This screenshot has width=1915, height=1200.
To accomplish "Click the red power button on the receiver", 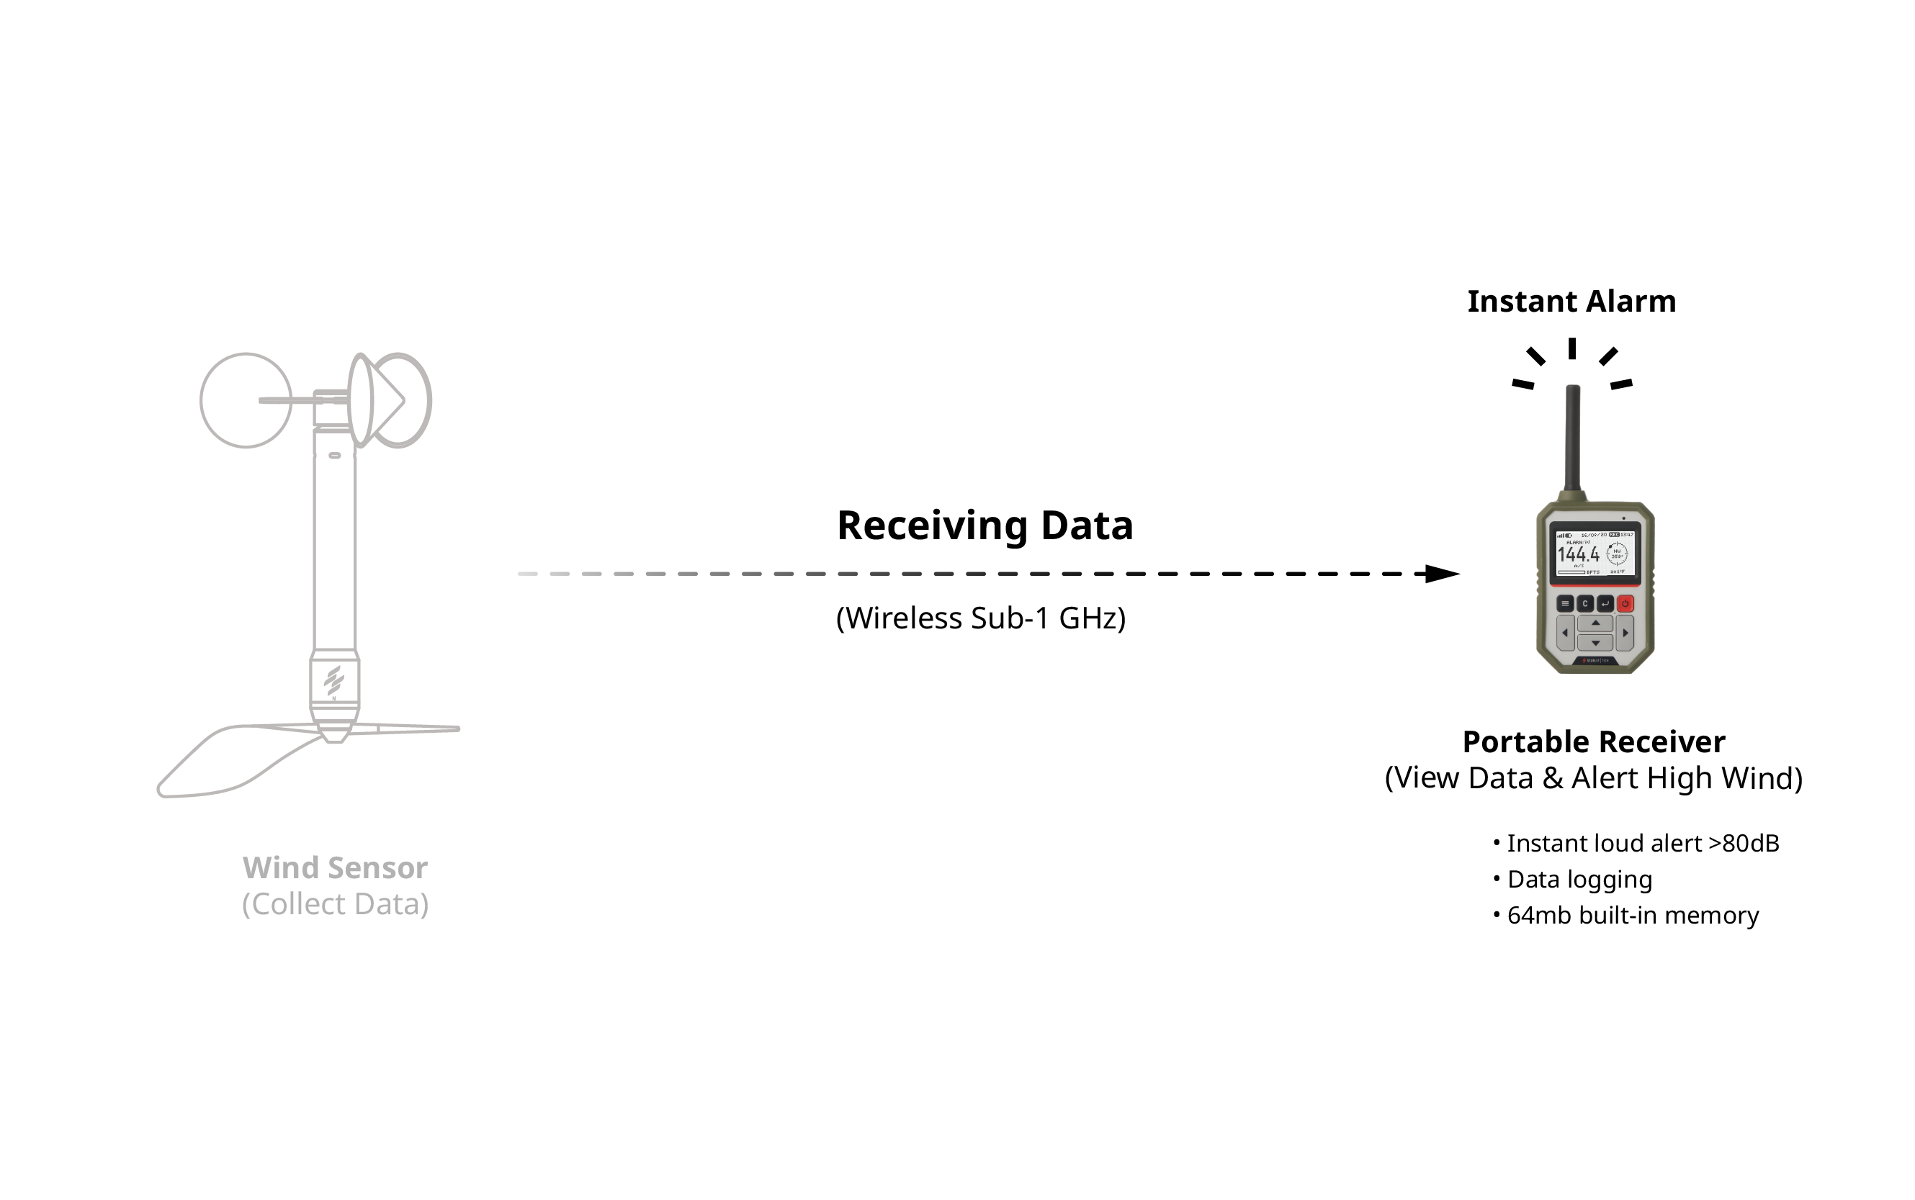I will coord(1625,603).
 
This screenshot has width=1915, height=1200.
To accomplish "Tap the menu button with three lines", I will coord(1564,603).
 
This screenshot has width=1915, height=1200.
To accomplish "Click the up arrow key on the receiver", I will coord(1595,623).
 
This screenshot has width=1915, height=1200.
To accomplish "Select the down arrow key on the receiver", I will coord(1595,643).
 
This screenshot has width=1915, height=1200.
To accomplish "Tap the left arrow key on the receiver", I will coord(1564,633).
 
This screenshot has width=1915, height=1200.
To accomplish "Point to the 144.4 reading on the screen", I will coord(1577,554).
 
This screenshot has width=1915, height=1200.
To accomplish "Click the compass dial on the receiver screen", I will coord(1616,553).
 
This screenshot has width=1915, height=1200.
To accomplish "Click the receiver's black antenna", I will coord(1572,436).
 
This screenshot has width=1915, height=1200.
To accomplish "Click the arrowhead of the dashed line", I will coord(1441,573).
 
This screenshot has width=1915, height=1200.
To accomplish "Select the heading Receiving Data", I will coord(985,525).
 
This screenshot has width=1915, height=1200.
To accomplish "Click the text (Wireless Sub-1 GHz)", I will coord(980,618).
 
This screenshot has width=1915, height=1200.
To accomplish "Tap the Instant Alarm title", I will coord(1571,302).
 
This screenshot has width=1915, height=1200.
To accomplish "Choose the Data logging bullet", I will coord(1579,880).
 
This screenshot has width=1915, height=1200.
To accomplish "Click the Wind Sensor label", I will coord(335,867).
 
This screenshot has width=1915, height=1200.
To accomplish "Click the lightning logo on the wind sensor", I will coord(334,680).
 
